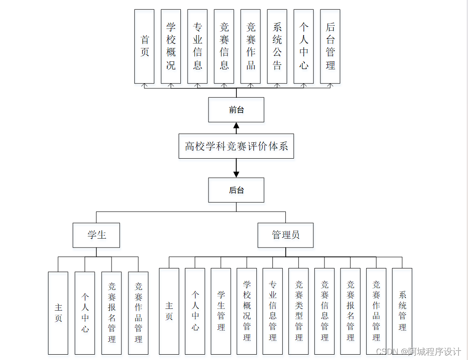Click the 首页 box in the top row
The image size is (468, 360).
coord(144,46)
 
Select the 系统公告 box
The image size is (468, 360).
coord(277,46)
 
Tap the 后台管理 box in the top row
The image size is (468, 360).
coord(330,46)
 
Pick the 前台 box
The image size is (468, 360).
coord(236,110)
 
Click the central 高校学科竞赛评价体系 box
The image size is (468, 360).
coord(236,146)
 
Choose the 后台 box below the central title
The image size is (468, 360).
coord(236,190)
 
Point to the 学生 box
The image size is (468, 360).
coord(96,235)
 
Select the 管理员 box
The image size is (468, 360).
coord(285,235)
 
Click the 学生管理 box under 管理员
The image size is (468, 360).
coord(221,311)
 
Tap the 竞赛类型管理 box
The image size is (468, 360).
coord(299,311)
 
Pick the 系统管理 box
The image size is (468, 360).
coord(402,311)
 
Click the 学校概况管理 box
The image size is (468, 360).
coord(247,311)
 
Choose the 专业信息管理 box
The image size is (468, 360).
coord(272,311)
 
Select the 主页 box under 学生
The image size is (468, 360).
coord(58,313)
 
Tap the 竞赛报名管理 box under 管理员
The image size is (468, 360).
coord(350,311)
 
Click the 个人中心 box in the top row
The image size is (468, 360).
coord(304,46)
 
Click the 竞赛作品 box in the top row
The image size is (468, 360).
coord(251,46)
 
